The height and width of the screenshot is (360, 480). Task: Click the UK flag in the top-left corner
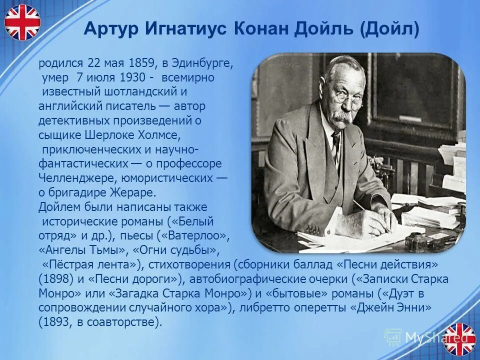click(x=22, y=22)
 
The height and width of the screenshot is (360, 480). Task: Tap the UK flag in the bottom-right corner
click(x=459, y=339)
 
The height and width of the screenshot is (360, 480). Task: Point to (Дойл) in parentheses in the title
click(x=389, y=28)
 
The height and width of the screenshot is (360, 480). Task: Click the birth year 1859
click(x=142, y=63)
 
